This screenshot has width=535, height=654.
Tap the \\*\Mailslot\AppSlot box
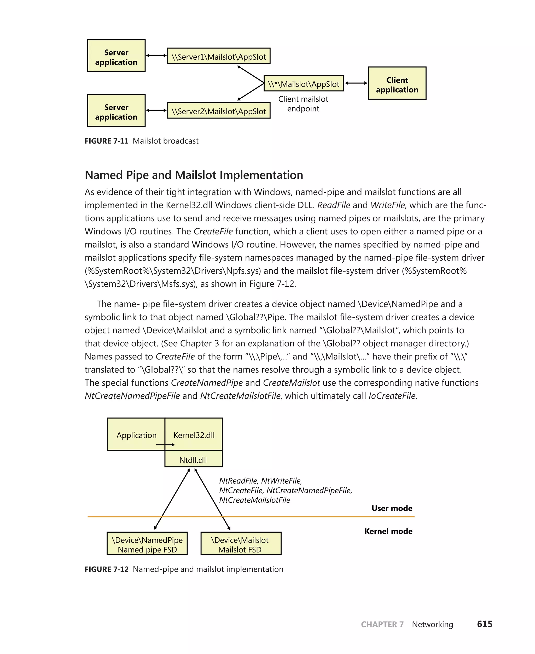coord(304,83)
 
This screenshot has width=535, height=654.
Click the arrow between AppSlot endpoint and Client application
coord(356,83)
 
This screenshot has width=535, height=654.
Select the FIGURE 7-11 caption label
coord(106,141)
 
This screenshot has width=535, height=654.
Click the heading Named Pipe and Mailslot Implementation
coord(194,175)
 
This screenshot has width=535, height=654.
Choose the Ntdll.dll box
coord(193,460)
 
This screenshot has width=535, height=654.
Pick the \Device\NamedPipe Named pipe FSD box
coord(147,545)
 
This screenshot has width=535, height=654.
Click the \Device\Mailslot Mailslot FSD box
coord(241,545)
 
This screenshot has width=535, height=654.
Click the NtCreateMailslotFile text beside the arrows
coord(254,500)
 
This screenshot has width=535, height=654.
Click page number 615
coord(485,624)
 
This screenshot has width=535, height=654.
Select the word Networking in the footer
coord(432,624)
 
